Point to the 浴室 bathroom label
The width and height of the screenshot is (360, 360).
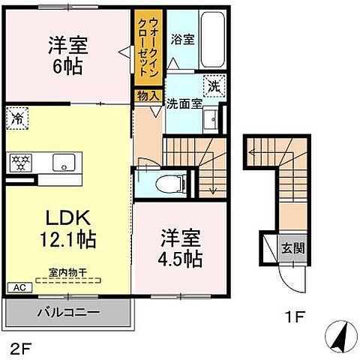tap(182, 38)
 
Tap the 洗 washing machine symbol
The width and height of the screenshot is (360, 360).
tap(214, 86)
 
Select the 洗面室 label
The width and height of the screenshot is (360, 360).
tap(184, 104)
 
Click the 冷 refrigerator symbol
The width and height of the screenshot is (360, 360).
tap(17, 117)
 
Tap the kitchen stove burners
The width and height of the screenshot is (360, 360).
tap(20, 161)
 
